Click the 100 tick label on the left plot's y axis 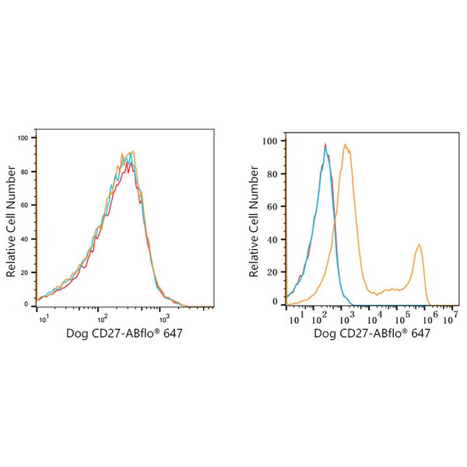(x=23, y=138)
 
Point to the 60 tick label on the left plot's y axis (x=25, y=205)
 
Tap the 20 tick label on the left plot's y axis (x=25, y=272)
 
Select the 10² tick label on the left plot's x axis (x=102, y=319)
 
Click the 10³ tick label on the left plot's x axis (x=164, y=319)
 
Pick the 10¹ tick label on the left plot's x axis (x=44, y=319)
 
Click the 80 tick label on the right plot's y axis (x=272, y=174)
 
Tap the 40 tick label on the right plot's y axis (x=272, y=240)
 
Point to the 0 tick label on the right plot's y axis (x=275, y=302)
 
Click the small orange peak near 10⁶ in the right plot (x=420, y=244)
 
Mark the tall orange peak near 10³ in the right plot (x=345, y=145)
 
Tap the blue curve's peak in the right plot (x=325, y=146)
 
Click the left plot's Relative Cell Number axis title (x=11, y=221)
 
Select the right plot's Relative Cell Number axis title (x=254, y=221)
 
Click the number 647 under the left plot (x=173, y=333)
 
